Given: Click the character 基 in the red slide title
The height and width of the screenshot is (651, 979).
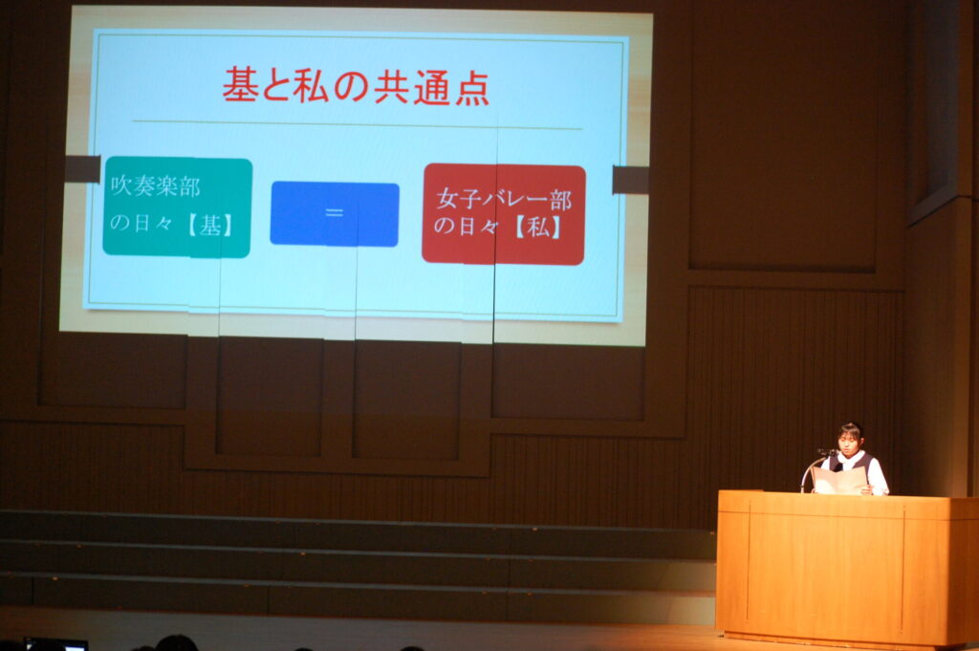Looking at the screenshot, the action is tap(240, 85).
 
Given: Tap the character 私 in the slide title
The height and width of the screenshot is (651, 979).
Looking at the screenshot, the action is tap(311, 86).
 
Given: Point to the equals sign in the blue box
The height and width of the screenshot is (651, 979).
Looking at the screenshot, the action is tap(335, 213).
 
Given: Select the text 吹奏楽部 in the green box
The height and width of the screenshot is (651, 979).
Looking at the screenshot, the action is tap(156, 186).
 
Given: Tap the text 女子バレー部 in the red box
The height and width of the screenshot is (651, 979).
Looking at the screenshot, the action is tap(504, 200).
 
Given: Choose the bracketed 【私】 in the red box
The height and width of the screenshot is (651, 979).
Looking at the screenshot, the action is tap(537, 228).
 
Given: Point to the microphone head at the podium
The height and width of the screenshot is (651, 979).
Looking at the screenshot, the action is tap(827, 452).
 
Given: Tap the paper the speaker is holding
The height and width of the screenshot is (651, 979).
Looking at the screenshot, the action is tap(840, 481).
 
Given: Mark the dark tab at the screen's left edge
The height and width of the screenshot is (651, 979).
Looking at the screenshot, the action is tap(82, 169).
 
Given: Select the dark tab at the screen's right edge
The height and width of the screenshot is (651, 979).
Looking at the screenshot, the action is tap(630, 180).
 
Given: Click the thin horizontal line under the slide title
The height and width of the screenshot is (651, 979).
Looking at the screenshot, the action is tap(358, 125).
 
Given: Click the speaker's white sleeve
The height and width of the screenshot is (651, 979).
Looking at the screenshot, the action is tap(878, 477).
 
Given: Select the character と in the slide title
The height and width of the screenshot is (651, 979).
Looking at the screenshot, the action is tap(276, 86).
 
